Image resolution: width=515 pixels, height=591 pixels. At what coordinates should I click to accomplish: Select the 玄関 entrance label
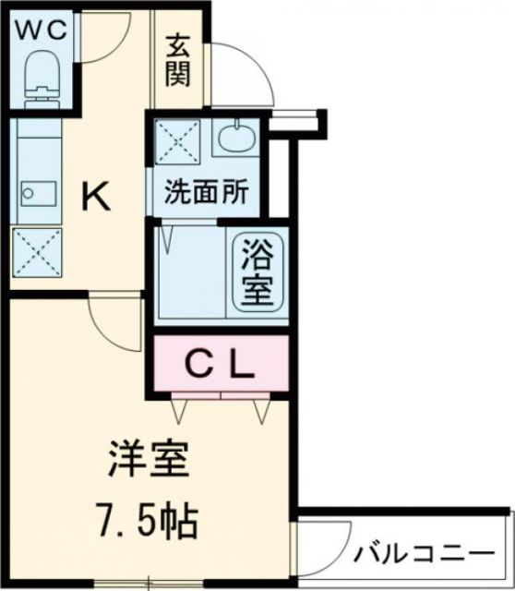tap(178, 60)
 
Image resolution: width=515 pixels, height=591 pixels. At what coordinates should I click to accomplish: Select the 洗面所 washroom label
tap(206, 194)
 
